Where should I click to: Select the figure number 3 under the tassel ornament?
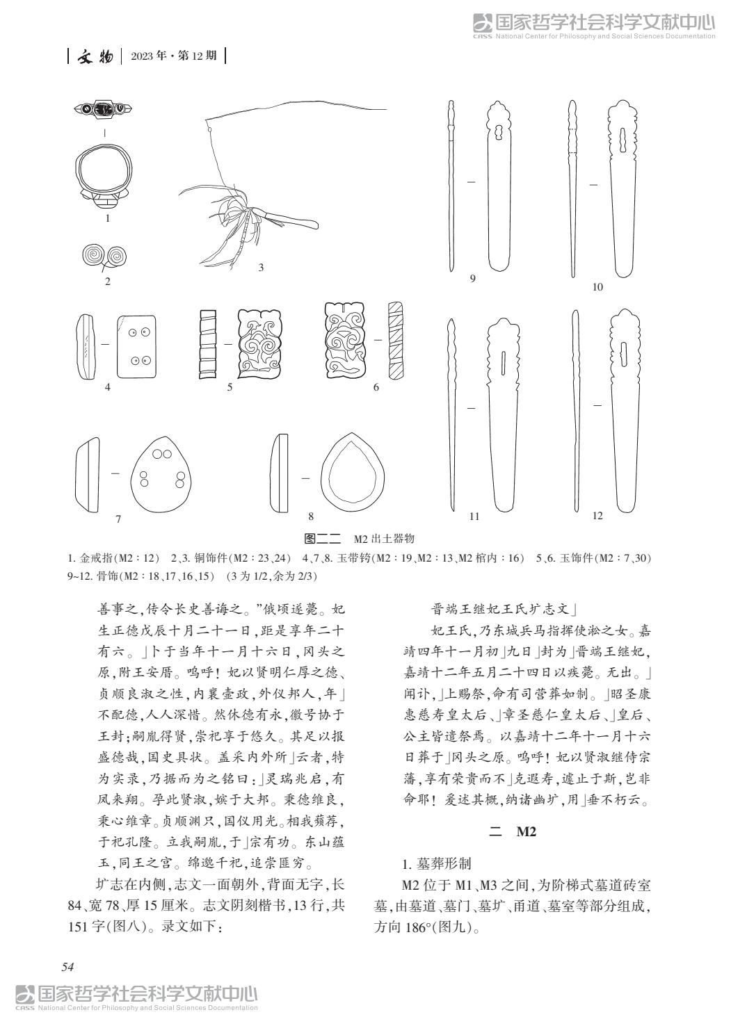[x=261, y=267]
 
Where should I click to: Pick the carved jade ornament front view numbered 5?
[x=260, y=341]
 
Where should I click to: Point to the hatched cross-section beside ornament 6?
[x=395, y=340]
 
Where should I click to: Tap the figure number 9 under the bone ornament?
[x=472, y=279]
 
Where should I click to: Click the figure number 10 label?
[x=597, y=287]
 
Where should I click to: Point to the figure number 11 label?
[x=474, y=516]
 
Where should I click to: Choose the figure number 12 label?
[x=597, y=515]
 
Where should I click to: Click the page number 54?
[x=67, y=966]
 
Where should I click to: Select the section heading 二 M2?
[x=513, y=831]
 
